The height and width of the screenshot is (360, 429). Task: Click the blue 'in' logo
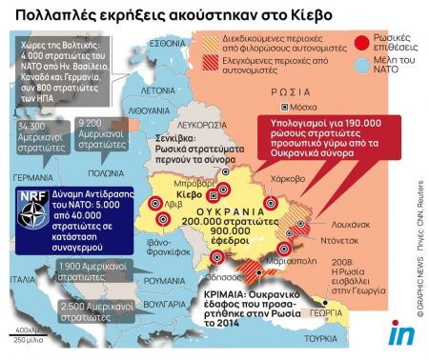tap(400, 333)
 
